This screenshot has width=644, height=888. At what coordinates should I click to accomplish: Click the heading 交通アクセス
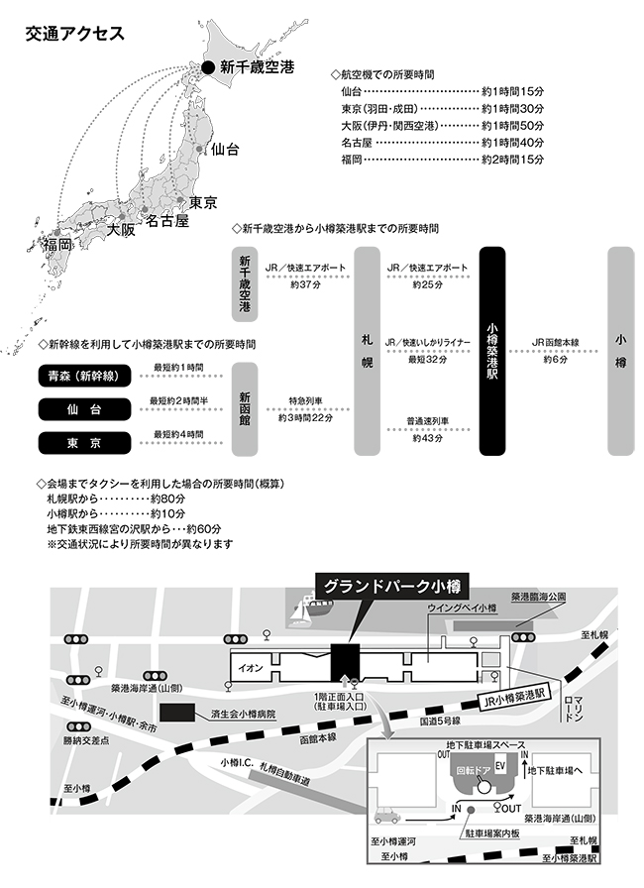(x=76, y=33)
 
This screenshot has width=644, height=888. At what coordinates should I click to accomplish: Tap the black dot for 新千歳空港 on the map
(x=208, y=67)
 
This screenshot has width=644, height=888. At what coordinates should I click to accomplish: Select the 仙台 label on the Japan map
(x=225, y=150)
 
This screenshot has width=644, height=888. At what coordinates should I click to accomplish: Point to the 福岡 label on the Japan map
(x=57, y=244)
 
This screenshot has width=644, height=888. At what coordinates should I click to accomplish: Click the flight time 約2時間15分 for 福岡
(x=512, y=159)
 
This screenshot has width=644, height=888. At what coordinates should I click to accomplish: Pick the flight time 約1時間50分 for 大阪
(x=512, y=125)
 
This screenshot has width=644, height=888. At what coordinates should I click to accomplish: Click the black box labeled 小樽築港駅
(x=492, y=352)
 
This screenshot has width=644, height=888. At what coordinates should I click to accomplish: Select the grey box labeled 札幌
(x=368, y=352)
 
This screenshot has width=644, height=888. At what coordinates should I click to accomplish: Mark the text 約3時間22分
(x=305, y=418)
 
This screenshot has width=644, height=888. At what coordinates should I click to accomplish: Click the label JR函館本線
(x=555, y=343)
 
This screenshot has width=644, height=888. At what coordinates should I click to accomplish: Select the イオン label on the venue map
(x=250, y=667)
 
